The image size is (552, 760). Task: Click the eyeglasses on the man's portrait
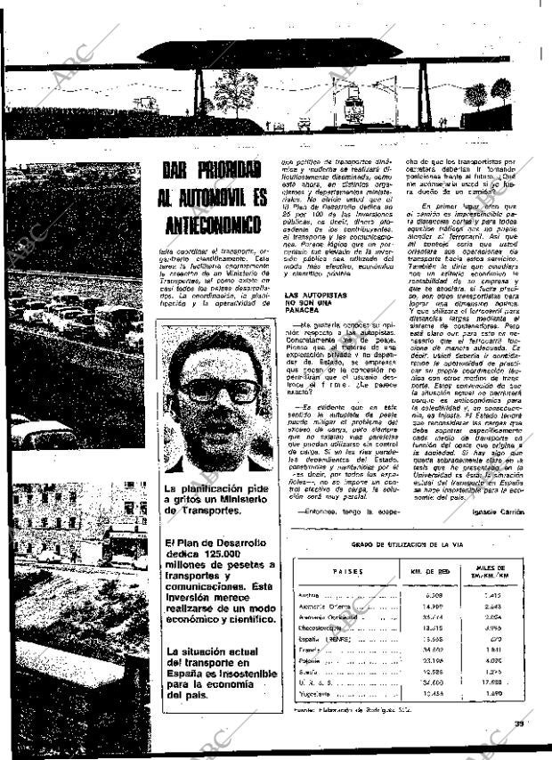[218, 389]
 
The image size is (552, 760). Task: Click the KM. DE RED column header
[434, 572]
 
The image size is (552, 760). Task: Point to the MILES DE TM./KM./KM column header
[491, 571]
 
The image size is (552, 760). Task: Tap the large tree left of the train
[235, 89]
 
